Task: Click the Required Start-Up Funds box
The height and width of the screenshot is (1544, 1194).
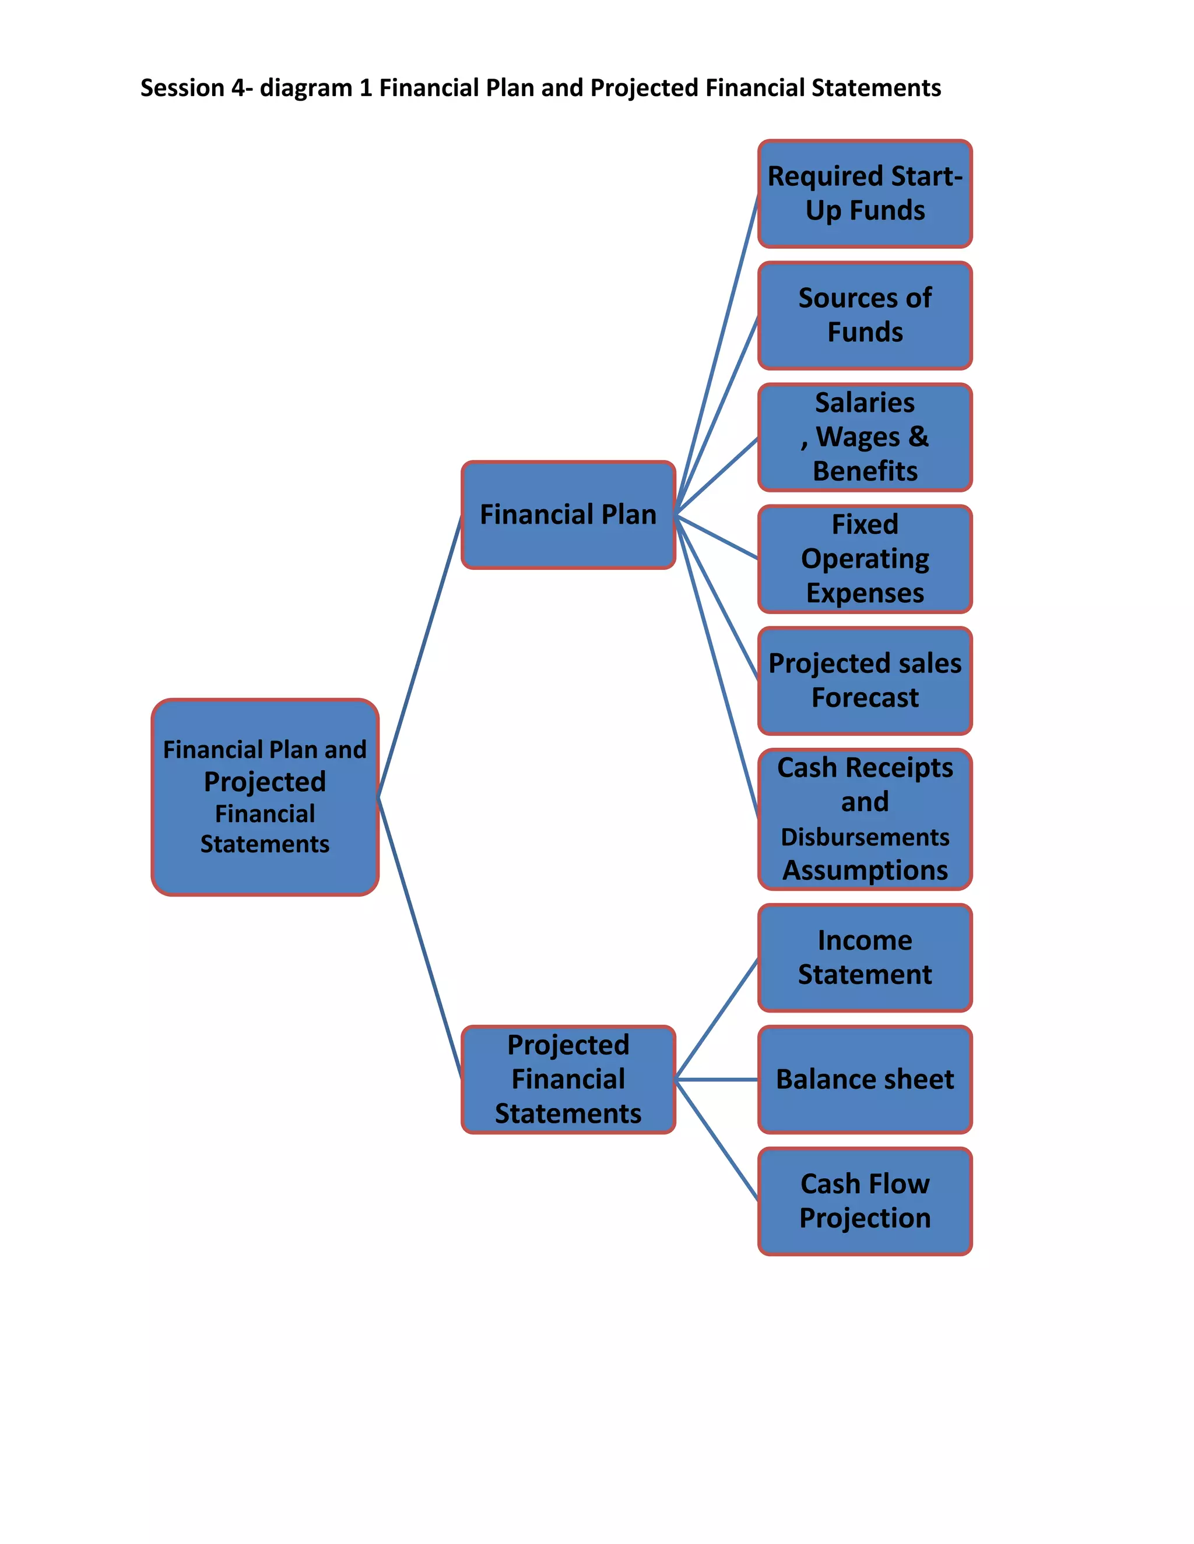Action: [x=865, y=193]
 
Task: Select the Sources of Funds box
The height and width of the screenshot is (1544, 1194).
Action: [x=865, y=315]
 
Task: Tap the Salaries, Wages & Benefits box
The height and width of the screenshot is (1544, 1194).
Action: [x=865, y=437]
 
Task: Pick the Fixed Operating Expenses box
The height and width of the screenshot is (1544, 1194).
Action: [x=865, y=559]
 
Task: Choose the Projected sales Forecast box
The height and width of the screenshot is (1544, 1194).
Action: [x=865, y=680]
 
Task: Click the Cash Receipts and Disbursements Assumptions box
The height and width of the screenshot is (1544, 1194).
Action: [x=865, y=819]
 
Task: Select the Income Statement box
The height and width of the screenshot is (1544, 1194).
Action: [x=865, y=957]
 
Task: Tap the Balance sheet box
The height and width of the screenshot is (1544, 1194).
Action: [x=865, y=1079]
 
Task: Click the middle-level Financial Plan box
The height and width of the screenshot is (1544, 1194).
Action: [x=568, y=514]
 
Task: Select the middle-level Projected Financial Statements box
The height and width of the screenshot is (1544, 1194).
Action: [x=568, y=1079]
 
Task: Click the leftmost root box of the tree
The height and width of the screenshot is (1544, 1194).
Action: [x=265, y=796]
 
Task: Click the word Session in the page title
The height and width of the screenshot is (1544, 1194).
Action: [x=182, y=87]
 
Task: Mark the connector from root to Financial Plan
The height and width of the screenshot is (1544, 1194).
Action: [x=420, y=656]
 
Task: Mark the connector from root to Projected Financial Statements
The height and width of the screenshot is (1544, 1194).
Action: [x=420, y=938]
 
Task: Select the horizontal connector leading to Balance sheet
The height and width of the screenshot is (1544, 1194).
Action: [x=717, y=1080]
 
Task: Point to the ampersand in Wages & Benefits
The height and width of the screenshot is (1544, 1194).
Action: [x=918, y=436]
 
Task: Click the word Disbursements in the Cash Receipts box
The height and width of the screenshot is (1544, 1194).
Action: [x=865, y=837]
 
